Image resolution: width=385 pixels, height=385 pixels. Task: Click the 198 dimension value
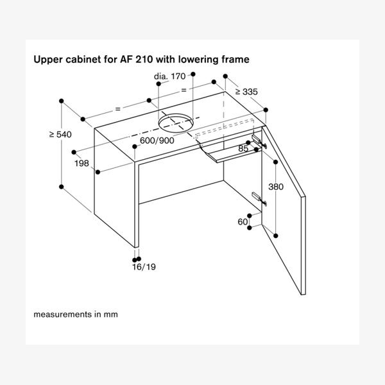(81, 164)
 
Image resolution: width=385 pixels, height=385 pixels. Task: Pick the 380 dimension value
(275, 187)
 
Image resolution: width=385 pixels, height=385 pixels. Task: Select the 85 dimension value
(243, 149)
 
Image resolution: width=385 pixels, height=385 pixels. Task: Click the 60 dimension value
(243, 222)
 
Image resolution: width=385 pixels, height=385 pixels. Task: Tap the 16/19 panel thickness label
(144, 267)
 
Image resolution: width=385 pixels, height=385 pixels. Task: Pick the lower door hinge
(257, 197)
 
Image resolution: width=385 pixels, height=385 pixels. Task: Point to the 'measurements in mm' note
(76, 314)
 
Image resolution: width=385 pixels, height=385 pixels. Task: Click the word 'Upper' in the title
(47, 58)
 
